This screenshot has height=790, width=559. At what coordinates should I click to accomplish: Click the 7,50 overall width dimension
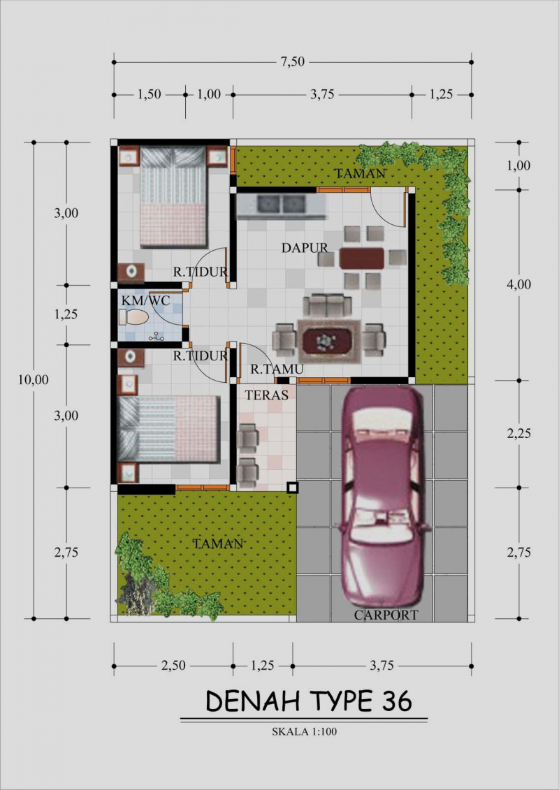coord(293,62)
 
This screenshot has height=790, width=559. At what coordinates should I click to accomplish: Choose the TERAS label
coord(266,395)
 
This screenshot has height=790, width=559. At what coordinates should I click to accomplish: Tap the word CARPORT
coord(386,615)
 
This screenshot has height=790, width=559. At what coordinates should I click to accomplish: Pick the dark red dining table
coord(362,258)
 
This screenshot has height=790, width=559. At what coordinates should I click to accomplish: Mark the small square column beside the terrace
coord(292,488)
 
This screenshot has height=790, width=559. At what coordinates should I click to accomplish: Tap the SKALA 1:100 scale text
coord(305,732)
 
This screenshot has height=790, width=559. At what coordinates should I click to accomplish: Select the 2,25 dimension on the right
coord(518,433)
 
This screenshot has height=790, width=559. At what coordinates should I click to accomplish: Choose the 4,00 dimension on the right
coord(518,284)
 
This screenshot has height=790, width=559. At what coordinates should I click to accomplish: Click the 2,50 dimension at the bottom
coord(173,666)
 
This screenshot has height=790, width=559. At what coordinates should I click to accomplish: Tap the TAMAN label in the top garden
coord(359,173)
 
